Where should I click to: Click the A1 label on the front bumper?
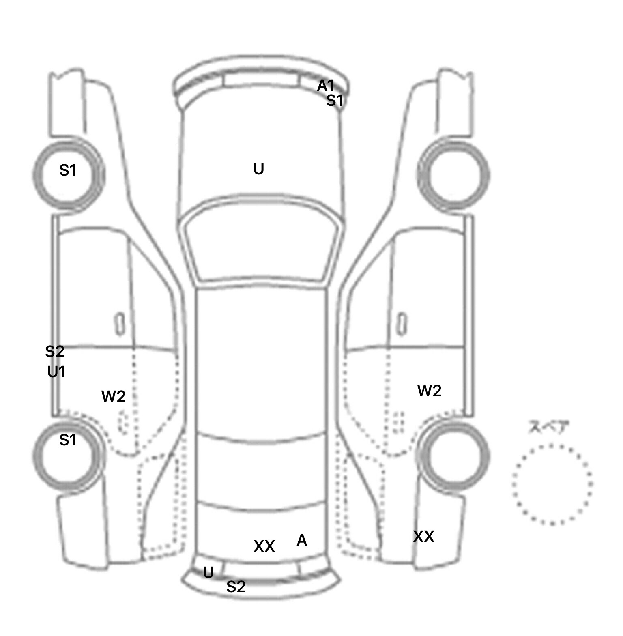pos(325,86)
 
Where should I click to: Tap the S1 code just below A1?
pos(335,100)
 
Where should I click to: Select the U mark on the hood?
pos(259,169)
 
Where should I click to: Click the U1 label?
pos(56,372)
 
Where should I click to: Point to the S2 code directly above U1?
pos(55,352)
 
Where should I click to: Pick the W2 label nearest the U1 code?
pos(114,396)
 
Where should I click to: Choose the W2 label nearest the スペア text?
pos(430,391)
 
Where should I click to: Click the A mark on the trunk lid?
pos(302,540)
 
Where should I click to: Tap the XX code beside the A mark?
pos(264,546)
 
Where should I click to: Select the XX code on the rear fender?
pos(423,537)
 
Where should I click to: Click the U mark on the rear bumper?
pos(208,573)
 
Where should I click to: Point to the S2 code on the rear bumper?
pos(236,587)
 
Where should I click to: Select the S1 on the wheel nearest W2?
pos(68,440)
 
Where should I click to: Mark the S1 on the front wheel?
pos(68,170)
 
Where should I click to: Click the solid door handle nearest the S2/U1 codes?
pos(120,324)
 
